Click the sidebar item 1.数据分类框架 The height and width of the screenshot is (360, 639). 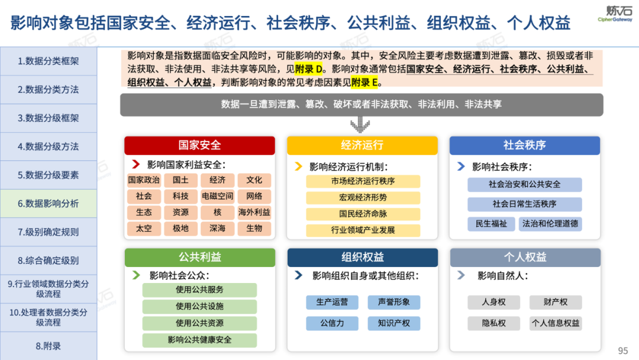point(48,61)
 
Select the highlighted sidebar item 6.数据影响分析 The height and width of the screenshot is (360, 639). point(48,203)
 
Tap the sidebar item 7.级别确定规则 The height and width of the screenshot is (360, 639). point(48,232)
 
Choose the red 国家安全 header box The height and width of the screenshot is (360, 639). point(199,145)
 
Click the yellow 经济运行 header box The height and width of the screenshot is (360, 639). point(362,145)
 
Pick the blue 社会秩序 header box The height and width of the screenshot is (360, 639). point(524,145)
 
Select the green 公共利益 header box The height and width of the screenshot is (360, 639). point(199,258)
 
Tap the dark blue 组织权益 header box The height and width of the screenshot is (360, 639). point(362,258)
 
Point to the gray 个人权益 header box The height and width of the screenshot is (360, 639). point(524,258)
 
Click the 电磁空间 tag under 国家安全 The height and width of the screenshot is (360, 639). point(217,196)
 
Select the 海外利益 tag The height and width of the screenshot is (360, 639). point(254,212)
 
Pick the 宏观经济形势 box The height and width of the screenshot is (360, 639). point(363,197)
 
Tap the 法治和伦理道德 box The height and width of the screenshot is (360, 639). point(550,224)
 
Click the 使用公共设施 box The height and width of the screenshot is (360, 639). point(199,307)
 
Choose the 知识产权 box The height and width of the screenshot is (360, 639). point(393,323)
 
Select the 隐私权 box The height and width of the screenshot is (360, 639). point(493,323)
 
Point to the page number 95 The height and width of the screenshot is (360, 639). point(622,351)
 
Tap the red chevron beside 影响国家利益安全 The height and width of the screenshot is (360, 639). point(135,165)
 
